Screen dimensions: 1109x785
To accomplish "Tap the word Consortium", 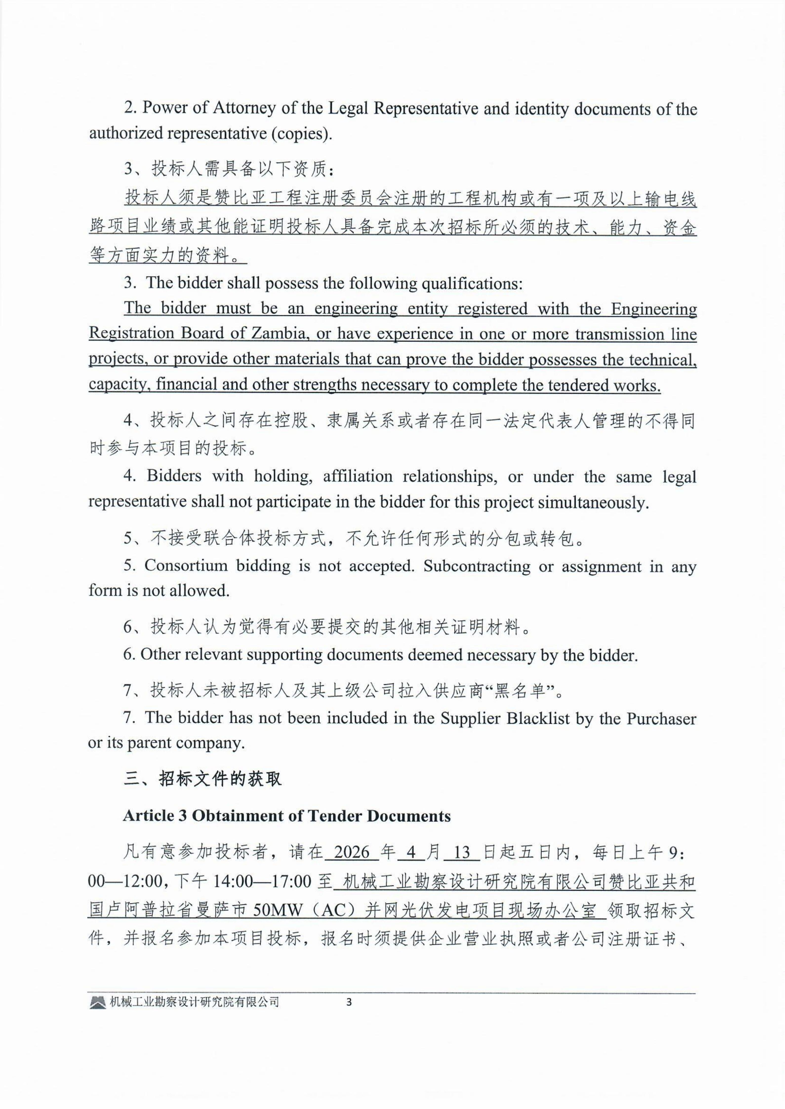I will pyautogui.click(x=186, y=566).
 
